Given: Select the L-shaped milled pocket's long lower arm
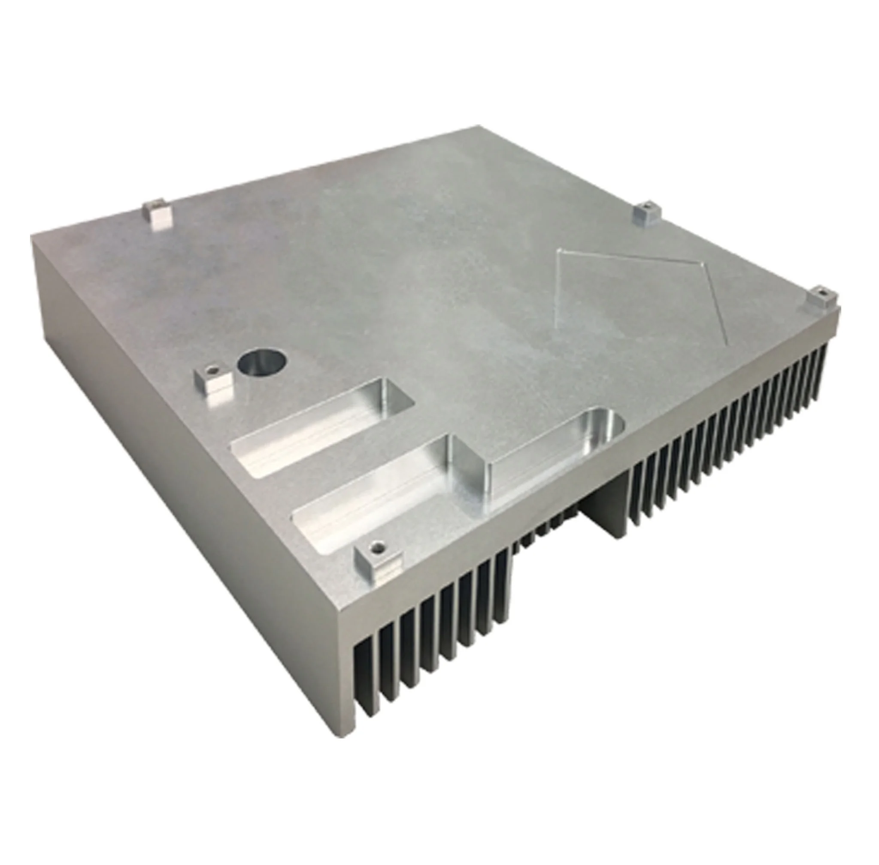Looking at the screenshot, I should pyautogui.click(x=377, y=495).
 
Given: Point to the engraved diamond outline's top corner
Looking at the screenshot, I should pyautogui.click(x=562, y=249).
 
